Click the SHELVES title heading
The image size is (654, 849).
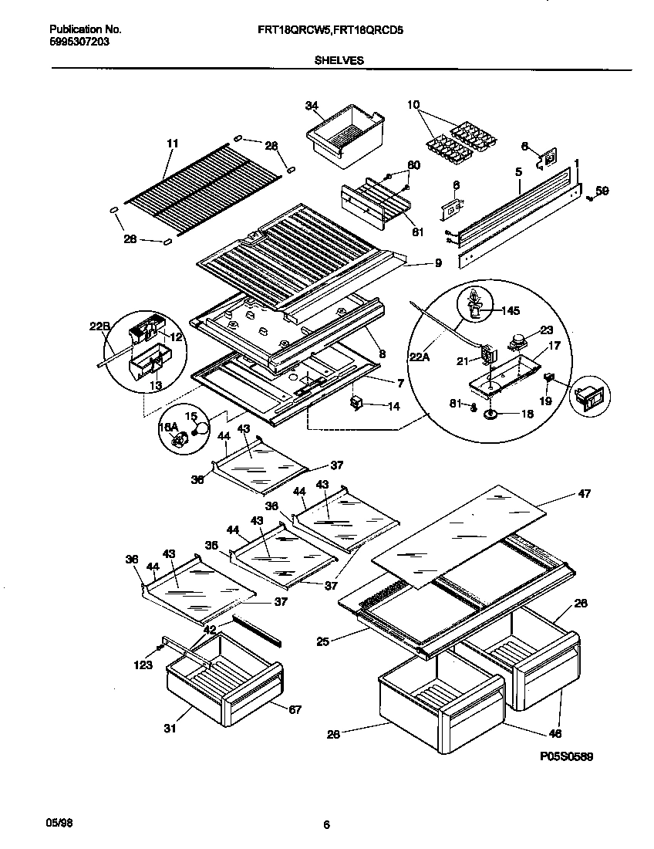click(339, 59)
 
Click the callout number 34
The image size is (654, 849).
click(312, 106)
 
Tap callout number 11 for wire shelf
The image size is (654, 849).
click(172, 144)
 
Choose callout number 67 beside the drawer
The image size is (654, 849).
click(295, 709)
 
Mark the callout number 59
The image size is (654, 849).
click(602, 191)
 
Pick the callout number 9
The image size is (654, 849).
click(437, 263)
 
